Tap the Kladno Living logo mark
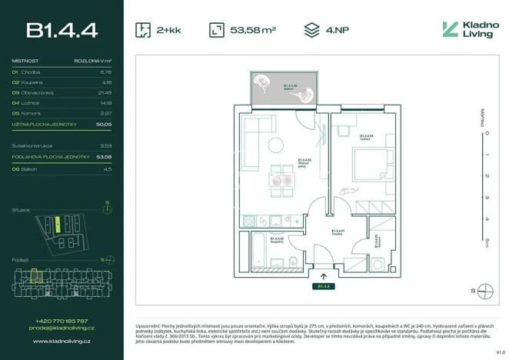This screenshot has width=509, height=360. click(x=450, y=30)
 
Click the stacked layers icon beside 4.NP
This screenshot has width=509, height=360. click(x=311, y=30)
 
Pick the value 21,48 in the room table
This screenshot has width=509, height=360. click(x=105, y=92)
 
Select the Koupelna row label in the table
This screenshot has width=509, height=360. click(x=32, y=82)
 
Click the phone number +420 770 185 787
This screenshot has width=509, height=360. click(x=62, y=321)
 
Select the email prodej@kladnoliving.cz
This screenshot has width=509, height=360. click(x=62, y=328)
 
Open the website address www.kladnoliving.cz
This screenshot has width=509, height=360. click(x=62, y=339)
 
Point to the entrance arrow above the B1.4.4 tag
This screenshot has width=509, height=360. click(x=323, y=275)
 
